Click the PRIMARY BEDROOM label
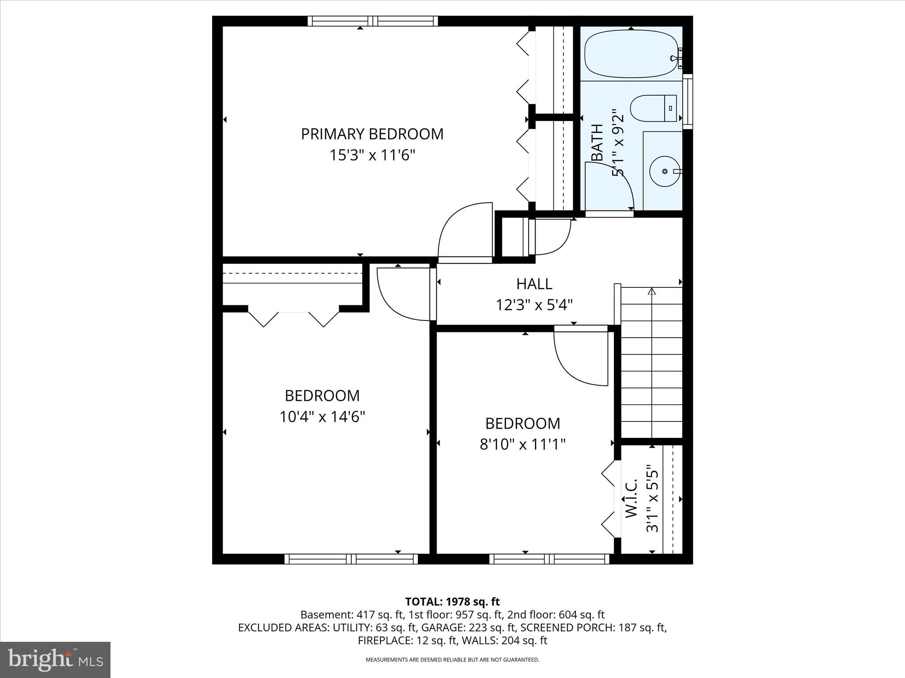click(x=372, y=134)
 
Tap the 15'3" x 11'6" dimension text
click(x=372, y=155)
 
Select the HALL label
click(x=534, y=284)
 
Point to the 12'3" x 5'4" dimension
click(x=534, y=305)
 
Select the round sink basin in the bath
click(x=665, y=171)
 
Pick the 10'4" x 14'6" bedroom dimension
click(x=322, y=416)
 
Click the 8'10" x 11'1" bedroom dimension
click(x=523, y=444)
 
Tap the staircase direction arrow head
click(x=652, y=291)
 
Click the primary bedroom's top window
click(x=373, y=21)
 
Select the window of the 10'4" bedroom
click(x=351, y=559)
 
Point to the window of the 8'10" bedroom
click(x=549, y=559)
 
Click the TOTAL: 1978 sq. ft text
click(x=452, y=601)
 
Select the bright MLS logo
click(x=55, y=660)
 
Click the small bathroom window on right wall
click(x=688, y=102)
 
